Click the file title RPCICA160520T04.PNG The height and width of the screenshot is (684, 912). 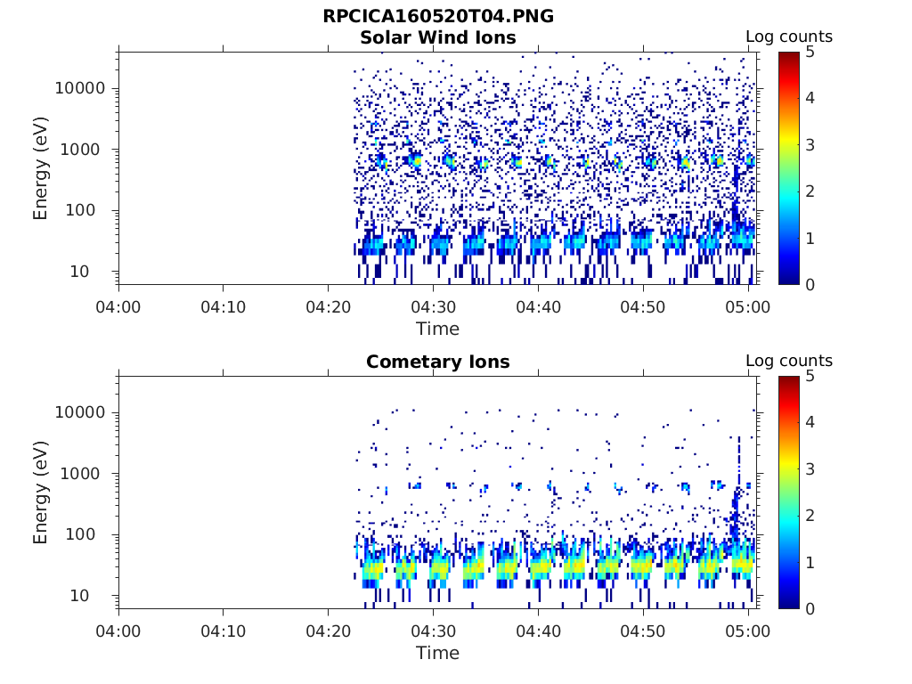437,17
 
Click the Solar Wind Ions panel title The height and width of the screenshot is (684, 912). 437,37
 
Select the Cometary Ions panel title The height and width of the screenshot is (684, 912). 437,362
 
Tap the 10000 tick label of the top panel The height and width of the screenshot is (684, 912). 79,88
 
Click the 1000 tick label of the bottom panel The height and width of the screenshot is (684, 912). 85,474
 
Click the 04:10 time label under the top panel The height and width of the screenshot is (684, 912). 223,307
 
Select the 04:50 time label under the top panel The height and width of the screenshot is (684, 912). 643,307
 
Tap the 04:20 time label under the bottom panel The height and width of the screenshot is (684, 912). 328,631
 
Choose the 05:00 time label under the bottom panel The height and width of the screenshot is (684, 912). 748,631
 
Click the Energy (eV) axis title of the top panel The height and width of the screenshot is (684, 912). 41,168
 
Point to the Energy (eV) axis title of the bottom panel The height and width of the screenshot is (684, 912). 41,493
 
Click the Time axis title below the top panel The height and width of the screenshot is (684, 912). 437,329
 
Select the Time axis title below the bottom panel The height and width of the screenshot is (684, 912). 437,653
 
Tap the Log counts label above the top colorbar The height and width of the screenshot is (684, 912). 788,37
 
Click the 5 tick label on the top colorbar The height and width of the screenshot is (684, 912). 810,52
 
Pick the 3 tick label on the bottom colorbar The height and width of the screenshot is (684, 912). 810,469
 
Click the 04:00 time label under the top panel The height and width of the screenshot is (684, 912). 118,307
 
